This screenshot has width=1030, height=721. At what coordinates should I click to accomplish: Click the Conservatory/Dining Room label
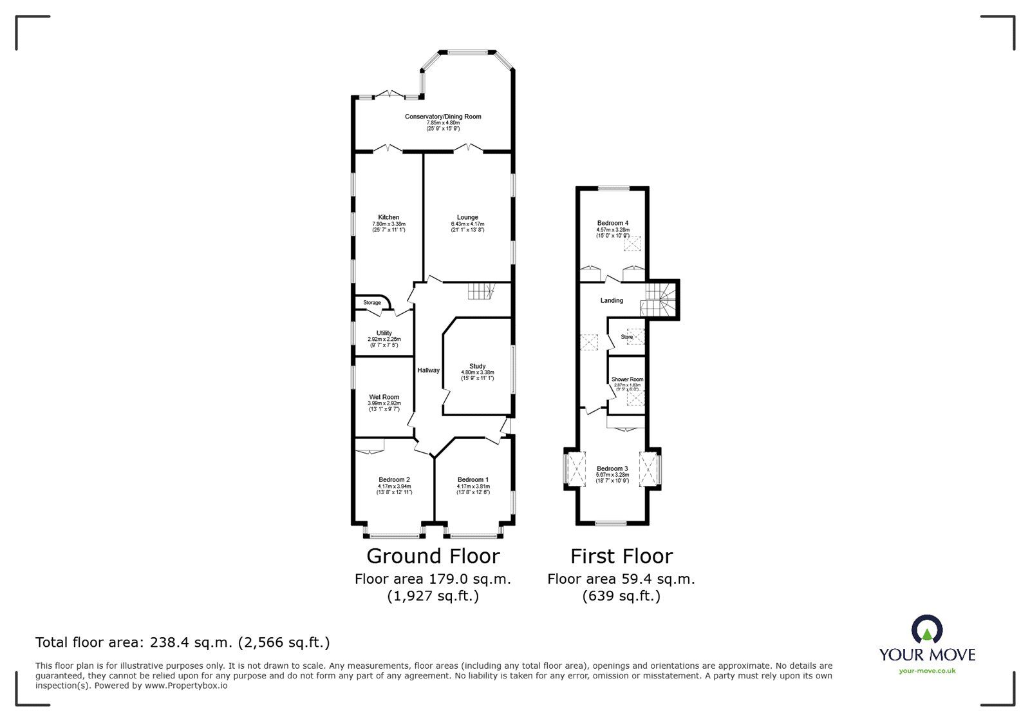point(443,117)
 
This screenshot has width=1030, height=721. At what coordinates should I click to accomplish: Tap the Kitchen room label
point(388,217)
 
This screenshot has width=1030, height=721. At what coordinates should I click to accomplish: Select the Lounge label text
point(467,217)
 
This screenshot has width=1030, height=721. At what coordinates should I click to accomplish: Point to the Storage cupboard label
point(372,302)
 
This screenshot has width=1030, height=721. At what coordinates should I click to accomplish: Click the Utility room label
point(384,333)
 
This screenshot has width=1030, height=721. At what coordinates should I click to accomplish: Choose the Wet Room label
point(384,397)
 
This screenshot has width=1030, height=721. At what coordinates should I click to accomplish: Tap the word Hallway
point(429,370)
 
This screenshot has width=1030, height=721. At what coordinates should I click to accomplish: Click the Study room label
point(477,366)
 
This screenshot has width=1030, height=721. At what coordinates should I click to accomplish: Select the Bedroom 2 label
point(394,479)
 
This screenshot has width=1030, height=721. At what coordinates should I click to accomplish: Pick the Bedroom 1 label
point(473,479)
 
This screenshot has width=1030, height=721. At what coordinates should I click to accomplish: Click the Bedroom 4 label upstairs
point(612,223)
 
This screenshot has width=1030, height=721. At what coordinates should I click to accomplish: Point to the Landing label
point(612,300)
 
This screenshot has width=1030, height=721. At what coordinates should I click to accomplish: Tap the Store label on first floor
point(626,337)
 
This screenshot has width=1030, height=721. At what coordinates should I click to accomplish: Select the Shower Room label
point(627,380)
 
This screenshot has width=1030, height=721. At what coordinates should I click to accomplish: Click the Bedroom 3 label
point(612,468)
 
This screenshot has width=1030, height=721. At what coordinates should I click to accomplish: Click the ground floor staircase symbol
point(479,291)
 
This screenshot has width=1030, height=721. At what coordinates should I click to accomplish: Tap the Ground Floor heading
point(433,556)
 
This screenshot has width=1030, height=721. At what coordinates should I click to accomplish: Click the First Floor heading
point(621,556)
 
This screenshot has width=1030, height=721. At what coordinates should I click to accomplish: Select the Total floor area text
point(182,642)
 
